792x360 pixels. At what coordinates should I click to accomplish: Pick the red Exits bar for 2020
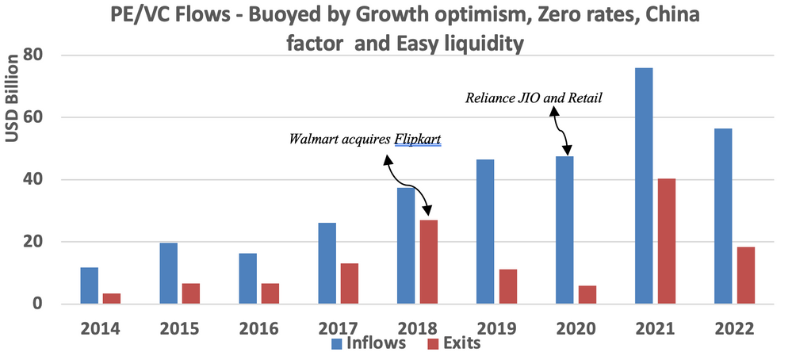pos(587,294)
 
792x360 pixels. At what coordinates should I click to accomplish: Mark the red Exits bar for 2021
pos(666,241)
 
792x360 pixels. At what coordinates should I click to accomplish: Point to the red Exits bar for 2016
pos(270,293)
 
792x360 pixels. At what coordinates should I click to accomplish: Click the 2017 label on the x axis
pos(338,327)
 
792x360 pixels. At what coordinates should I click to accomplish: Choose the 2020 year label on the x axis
pos(576,327)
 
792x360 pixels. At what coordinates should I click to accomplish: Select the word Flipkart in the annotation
pos(418,140)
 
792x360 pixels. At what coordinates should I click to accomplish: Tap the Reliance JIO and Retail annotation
pos(535,98)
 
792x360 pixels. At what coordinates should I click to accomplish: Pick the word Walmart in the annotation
pos(314,140)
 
